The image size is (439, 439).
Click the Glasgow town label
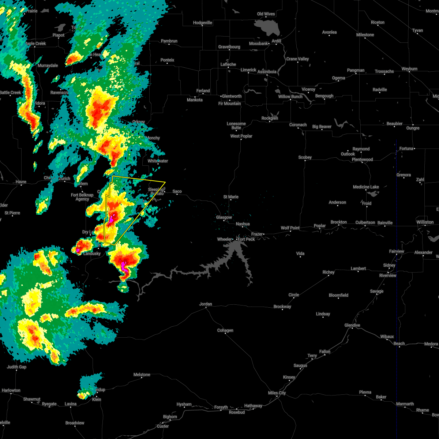tap(224, 217)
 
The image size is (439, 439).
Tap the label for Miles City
tap(277, 393)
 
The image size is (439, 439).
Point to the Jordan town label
tap(206, 304)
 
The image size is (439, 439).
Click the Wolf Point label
tap(290, 228)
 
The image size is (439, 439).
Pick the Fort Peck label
tap(246, 239)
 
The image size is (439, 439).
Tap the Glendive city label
tap(352, 325)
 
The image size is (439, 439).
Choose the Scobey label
tap(305, 157)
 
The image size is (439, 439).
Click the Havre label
tap(21, 182)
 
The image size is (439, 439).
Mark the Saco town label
tap(177, 191)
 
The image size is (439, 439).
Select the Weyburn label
tap(409, 69)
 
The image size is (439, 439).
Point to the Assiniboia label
tap(267, 72)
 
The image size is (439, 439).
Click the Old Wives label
tap(266, 14)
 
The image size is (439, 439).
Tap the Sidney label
tap(389, 265)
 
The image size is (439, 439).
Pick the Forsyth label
tap(221, 407)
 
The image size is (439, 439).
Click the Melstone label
tap(142, 375)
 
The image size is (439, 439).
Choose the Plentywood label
tap(362, 160)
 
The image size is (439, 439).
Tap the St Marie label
tap(231, 197)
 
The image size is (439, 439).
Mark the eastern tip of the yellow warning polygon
tap(165, 182)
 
